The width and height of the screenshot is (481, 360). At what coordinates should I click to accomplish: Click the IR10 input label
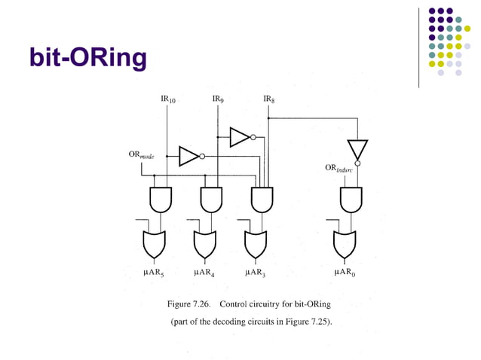(168, 99)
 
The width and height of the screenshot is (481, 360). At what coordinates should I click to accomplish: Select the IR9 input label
(218, 99)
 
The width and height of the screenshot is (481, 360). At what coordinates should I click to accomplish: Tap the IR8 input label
(269, 99)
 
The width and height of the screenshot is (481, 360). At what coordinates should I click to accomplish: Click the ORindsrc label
(341, 169)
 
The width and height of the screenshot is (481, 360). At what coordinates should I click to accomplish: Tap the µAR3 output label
(255, 273)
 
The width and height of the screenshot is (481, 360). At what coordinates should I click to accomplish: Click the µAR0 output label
(345, 273)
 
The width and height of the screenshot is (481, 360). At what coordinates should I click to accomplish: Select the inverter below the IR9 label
(241, 136)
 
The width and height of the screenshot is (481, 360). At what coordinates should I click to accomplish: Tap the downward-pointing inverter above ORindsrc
(357, 150)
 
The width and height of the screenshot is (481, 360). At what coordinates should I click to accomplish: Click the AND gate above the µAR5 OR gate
(161, 200)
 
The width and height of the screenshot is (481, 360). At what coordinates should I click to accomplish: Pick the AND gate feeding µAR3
(261, 200)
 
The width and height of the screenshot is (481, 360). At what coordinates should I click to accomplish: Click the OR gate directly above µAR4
(205, 243)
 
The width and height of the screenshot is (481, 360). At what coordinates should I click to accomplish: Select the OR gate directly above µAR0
(345, 243)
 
